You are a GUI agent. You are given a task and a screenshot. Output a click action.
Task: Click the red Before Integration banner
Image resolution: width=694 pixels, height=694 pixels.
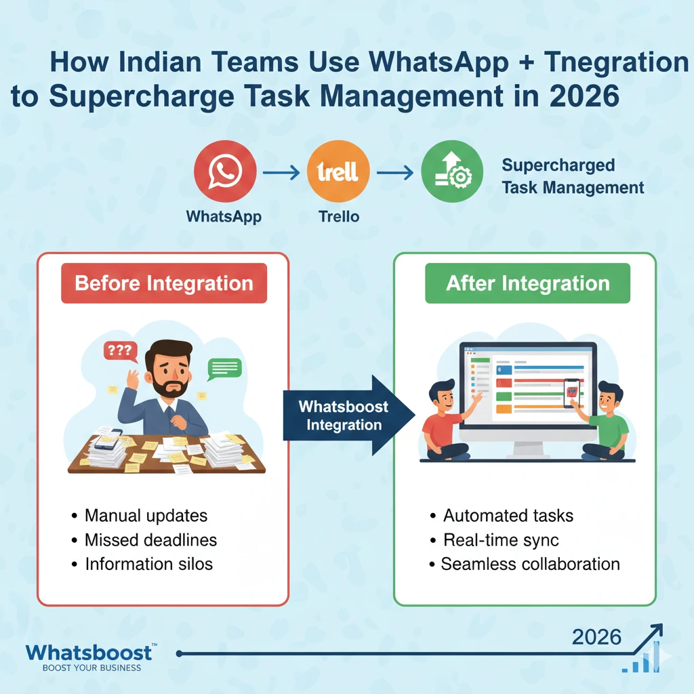point(164,283)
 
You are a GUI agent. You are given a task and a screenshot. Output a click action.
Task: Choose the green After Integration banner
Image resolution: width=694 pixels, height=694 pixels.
point(527,283)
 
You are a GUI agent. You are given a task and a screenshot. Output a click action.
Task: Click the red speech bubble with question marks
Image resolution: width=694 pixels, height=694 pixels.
point(119,351)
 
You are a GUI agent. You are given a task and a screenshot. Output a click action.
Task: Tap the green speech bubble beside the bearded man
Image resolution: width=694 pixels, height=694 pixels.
point(225,368)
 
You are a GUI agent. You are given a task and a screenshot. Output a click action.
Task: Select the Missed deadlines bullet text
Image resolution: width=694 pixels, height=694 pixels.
point(150,539)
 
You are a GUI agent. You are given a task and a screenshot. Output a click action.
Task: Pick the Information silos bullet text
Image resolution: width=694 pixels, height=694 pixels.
point(148,564)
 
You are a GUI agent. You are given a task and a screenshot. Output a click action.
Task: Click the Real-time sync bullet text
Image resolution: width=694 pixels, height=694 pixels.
point(501,540)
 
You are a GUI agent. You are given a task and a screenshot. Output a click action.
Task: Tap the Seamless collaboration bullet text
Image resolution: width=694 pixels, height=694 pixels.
point(530,564)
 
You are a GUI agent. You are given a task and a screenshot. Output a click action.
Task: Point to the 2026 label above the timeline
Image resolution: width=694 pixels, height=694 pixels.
point(596,636)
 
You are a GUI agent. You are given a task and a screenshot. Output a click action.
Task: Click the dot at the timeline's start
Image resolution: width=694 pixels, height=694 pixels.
point(179,654)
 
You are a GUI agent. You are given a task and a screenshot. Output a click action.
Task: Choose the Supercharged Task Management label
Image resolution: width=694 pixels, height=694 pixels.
point(573,176)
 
